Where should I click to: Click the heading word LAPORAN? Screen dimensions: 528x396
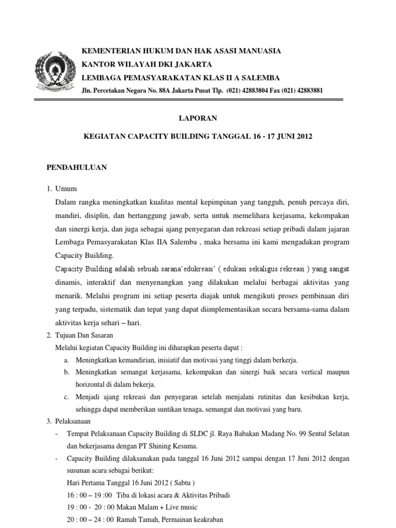click(198, 118)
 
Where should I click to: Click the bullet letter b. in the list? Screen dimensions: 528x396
click(67, 372)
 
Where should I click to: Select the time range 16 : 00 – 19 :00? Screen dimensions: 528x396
click(90, 494)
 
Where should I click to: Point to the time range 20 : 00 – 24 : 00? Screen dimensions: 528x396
click(91, 521)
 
